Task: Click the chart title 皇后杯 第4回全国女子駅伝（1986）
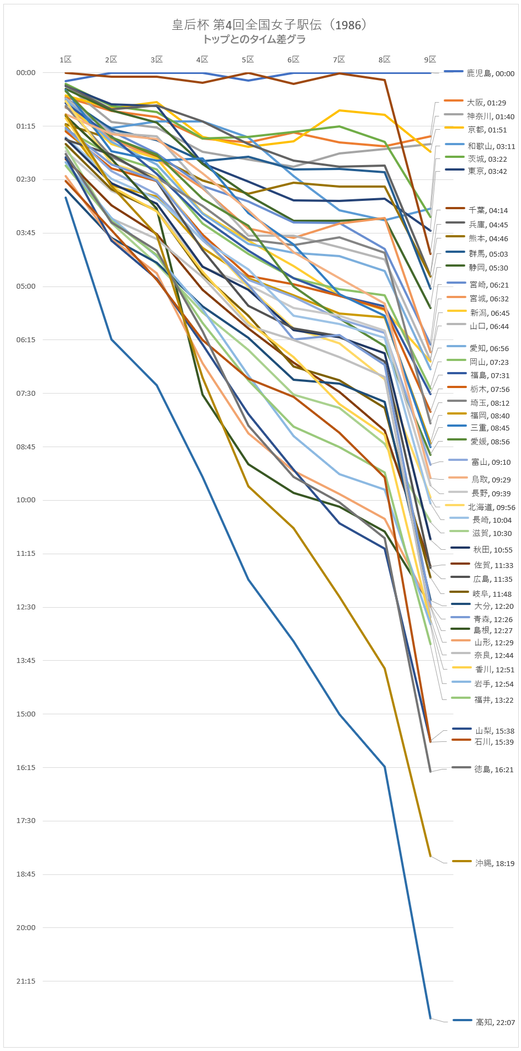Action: [269, 25]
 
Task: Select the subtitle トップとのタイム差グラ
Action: [254, 39]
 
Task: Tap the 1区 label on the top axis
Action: [66, 60]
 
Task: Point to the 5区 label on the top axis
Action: [248, 60]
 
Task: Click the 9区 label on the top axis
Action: [430, 60]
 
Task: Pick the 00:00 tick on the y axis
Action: [26, 73]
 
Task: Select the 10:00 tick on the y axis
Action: [26, 500]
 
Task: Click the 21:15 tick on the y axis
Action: [26, 981]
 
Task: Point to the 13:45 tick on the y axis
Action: [26, 660]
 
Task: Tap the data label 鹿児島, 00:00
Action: [490, 73]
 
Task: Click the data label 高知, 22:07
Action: [495, 1022]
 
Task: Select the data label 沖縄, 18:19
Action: [495, 863]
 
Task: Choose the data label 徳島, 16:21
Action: [493, 769]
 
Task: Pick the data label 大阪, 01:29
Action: [486, 103]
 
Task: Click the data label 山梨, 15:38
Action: [495, 731]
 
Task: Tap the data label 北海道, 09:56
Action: [491, 507]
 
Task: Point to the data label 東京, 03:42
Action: [487, 171]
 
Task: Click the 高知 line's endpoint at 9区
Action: [430, 1018]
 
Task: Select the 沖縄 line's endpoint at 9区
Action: [430, 856]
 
